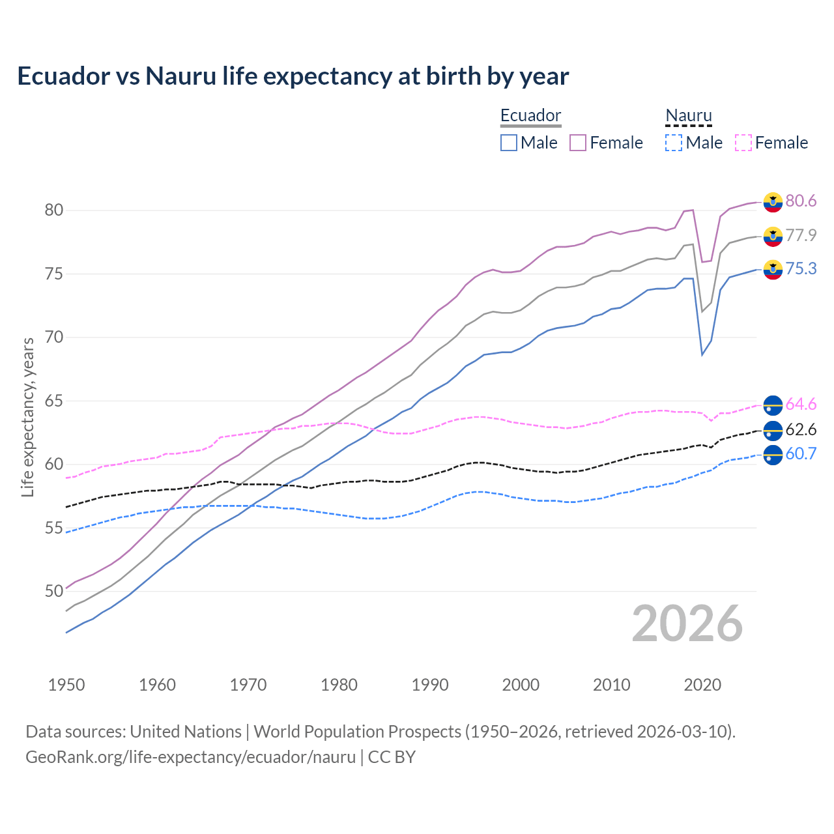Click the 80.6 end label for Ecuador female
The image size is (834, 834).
coord(801,201)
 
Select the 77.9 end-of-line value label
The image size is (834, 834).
coord(801,235)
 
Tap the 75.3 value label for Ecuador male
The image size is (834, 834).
coord(801,269)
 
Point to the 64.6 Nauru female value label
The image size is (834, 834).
coord(801,405)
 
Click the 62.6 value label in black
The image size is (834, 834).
coord(801,430)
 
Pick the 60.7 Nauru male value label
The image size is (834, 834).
coord(801,454)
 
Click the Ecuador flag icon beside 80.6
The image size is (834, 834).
coord(773,202)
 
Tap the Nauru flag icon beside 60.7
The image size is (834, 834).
coord(773,455)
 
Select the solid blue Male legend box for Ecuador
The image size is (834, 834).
coord(509,143)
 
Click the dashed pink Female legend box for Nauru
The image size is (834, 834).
coord(743,143)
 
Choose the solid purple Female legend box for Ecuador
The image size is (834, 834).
coord(578,143)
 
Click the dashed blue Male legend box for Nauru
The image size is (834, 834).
coord(674,143)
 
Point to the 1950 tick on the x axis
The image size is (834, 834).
coord(66,685)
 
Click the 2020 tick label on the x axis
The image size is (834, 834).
coord(702,685)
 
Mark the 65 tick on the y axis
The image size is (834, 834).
coord(54,401)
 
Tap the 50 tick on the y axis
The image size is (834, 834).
coord(54,591)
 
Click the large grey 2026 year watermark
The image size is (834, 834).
coord(687,624)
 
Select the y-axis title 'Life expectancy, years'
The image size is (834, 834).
coord(28,417)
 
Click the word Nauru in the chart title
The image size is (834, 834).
coord(180,76)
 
